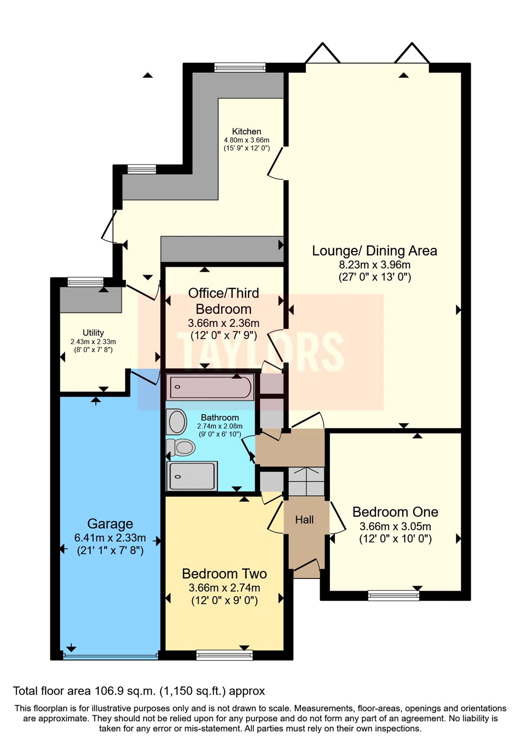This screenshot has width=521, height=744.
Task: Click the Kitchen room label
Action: point(247,132)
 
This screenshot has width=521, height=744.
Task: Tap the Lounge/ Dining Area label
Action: point(374,251)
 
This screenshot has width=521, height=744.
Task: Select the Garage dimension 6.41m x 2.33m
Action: point(110,538)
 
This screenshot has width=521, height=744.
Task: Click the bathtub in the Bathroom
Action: point(211,387)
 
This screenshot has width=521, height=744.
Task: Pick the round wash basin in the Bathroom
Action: point(177,422)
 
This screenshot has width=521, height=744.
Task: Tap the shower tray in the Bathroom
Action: point(192,476)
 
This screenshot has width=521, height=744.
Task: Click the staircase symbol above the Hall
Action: point(306,482)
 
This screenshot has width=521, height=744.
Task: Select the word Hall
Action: point(304,520)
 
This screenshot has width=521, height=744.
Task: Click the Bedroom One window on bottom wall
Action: point(394,595)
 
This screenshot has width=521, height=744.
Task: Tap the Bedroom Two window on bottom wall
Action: point(224,655)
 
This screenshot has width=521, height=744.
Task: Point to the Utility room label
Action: point(93,332)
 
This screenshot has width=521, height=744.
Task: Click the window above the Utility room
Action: point(85,282)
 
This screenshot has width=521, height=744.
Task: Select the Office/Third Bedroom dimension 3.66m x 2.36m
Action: point(224,323)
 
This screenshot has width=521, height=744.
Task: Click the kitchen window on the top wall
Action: point(240,67)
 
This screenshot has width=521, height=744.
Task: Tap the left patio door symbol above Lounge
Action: point(322,53)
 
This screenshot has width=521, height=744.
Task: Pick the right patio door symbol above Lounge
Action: point(412,53)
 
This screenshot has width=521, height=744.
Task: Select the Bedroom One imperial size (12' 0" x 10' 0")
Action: point(395,539)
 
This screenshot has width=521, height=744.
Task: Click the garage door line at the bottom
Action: point(110,656)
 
